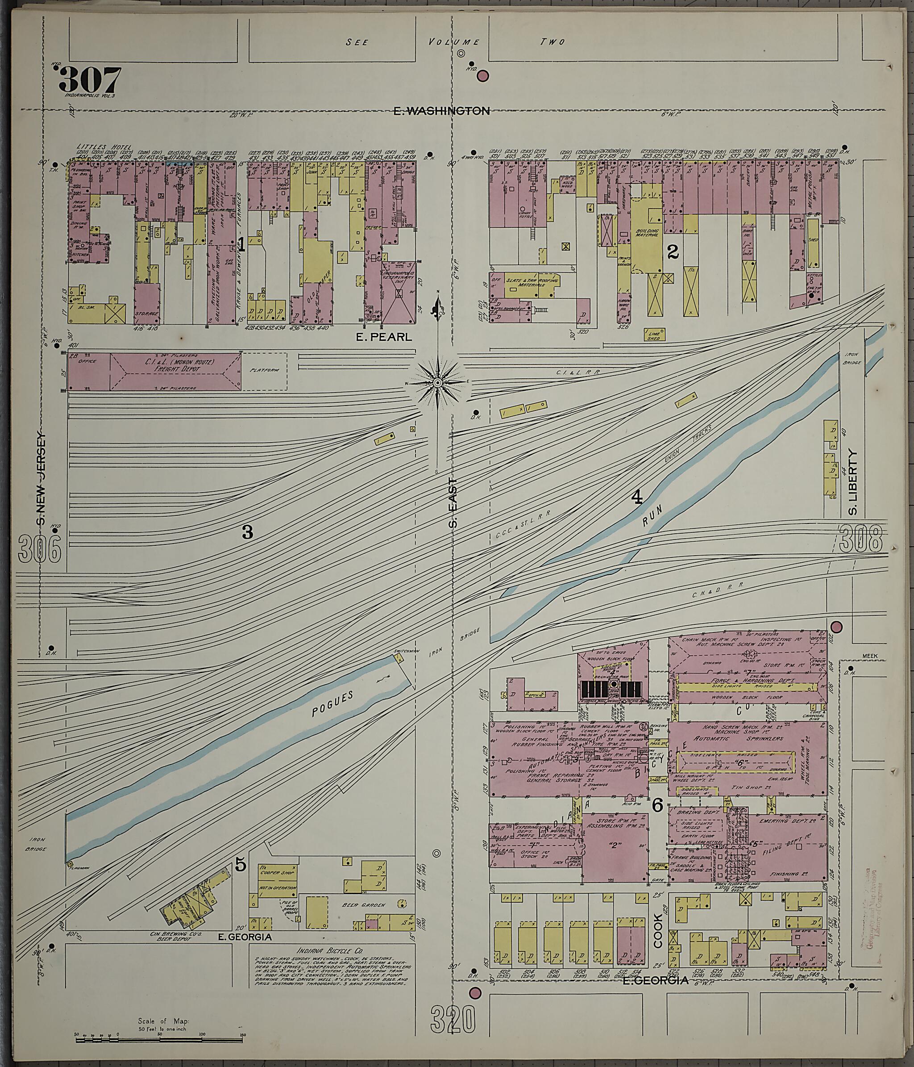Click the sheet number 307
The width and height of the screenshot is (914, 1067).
click(90, 80)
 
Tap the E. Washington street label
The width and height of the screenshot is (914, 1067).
click(441, 111)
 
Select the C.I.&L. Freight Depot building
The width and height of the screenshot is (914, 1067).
click(175, 371)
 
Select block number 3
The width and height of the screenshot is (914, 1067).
click(248, 532)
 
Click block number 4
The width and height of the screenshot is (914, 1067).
click(637, 498)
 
